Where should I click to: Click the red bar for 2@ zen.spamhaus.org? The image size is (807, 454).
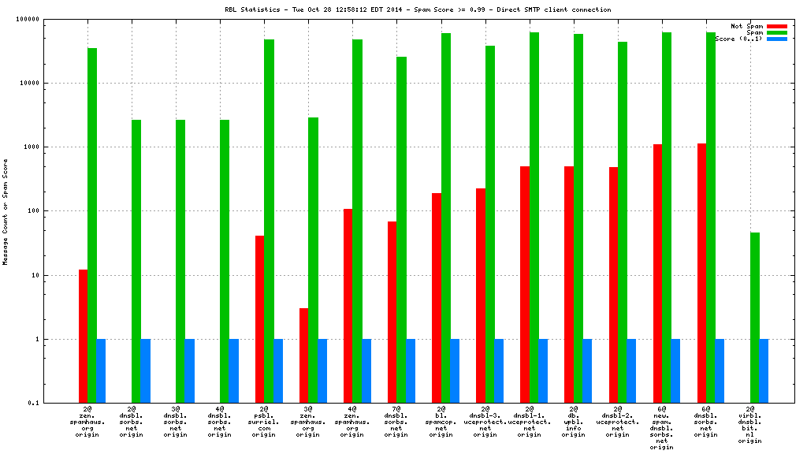(83, 337)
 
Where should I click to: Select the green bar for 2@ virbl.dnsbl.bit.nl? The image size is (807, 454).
(755, 318)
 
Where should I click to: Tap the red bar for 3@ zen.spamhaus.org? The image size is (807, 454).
(303, 355)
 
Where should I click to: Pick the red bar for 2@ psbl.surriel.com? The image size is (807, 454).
(259, 319)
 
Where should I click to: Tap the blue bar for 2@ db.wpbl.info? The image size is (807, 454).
(587, 371)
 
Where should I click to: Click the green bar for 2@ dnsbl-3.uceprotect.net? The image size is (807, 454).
(490, 225)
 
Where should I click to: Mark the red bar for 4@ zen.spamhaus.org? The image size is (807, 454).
(348, 306)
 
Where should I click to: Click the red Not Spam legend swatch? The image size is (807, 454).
(776, 26)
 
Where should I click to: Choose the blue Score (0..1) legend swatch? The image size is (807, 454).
(776, 39)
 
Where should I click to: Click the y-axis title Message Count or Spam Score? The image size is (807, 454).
(6, 211)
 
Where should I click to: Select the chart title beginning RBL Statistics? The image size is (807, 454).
(418, 9)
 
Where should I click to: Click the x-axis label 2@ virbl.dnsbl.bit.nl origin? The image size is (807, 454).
(750, 426)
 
